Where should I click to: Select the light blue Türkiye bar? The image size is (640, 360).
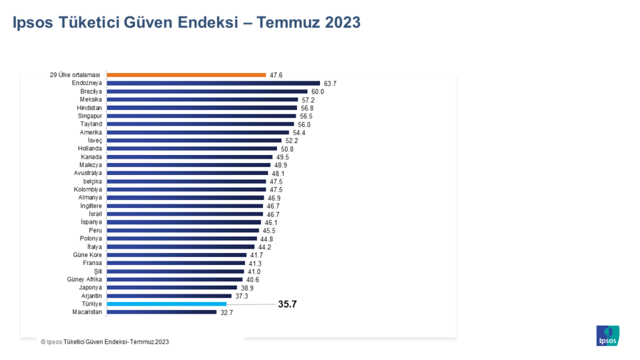tap(166, 304)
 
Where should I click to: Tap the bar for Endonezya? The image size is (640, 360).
tap(213, 83)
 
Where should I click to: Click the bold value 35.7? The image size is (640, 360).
tap(287, 304)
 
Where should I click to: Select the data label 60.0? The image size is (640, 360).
tap(317, 92)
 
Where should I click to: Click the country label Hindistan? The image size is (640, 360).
tap(90, 107)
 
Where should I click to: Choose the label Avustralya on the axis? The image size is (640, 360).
tap(88, 173)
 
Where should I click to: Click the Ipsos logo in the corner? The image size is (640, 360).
tap(607, 336)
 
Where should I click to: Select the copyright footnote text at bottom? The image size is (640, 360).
tap(104, 342)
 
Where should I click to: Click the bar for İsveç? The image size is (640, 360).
tap(194, 141)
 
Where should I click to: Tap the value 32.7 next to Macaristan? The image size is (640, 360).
tap(226, 312)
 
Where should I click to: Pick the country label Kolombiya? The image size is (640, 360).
tap(88, 189)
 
